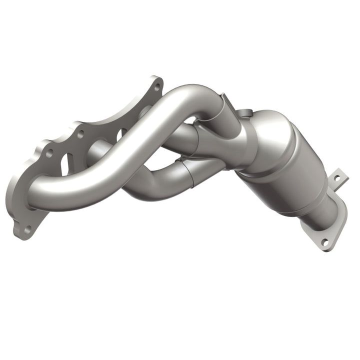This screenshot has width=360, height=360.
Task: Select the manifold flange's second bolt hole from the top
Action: click(x=80, y=133)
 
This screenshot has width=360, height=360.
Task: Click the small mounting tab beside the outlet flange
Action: click(x=339, y=177)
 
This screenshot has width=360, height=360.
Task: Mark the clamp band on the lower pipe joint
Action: click(x=189, y=172)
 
